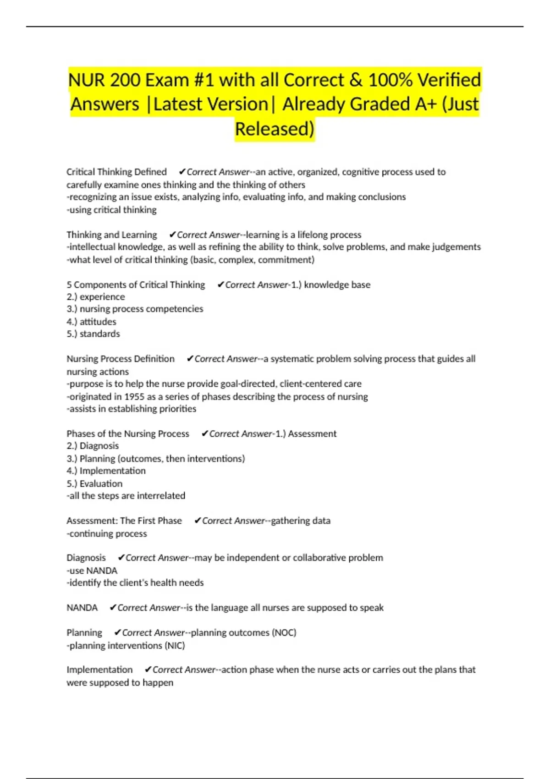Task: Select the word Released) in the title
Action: pyautogui.click(x=275, y=129)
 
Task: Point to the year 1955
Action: pyautogui.click(x=134, y=396)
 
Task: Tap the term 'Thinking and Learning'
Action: pyautogui.click(x=111, y=235)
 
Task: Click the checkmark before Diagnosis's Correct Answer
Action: pyautogui.click(x=121, y=558)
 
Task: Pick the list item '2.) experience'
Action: pyautogui.click(x=95, y=297)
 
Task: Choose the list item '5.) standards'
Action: pyautogui.click(x=93, y=334)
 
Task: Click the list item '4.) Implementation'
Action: pyautogui.click(x=106, y=471)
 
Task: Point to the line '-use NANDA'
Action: pyautogui.click(x=92, y=571)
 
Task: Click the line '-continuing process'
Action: pyautogui.click(x=106, y=533)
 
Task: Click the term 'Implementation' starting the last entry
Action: pyautogui.click(x=99, y=669)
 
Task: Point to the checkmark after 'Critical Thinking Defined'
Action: pyautogui.click(x=182, y=172)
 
